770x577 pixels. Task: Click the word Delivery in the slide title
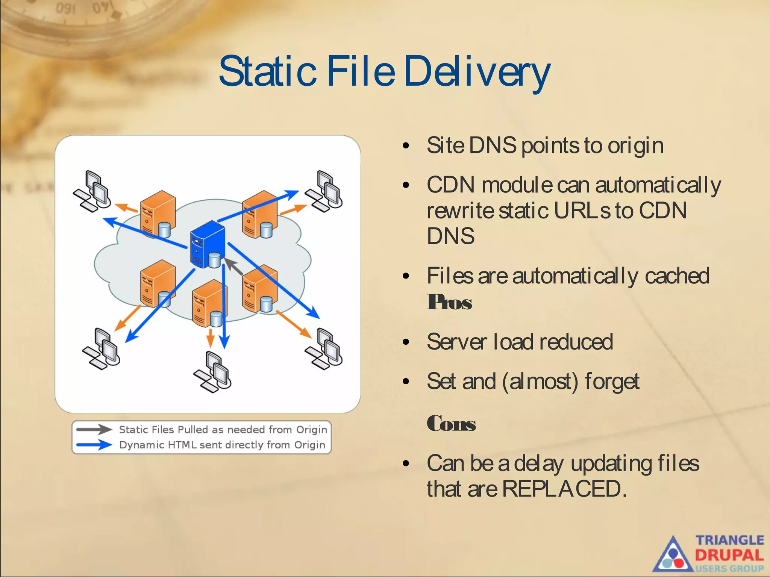(x=477, y=71)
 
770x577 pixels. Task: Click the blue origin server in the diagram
(x=208, y=244)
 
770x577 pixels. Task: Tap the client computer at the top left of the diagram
(x=92, y=191)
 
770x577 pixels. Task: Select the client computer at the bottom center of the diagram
(x=213, y=372)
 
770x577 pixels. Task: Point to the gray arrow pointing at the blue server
(x=235, y=266)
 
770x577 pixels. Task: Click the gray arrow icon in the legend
(x=94, y=429)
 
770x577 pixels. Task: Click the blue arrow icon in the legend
(x=94, y=445)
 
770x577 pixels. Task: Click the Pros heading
(x=449, y=302)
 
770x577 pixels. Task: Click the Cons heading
(x=451, y=424)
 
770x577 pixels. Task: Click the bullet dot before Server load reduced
(x=406, y=342)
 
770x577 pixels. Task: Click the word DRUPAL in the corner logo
(x=729, y=555)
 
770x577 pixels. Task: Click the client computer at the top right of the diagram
(x=324, y=191)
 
